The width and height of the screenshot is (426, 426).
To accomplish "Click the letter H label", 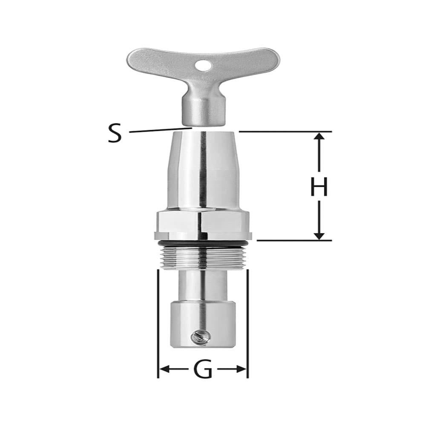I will [x=319, y=187].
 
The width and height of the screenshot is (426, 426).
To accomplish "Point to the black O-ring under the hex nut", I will [x=203, y=243].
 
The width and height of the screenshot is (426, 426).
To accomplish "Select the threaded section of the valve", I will [x=203, y=257].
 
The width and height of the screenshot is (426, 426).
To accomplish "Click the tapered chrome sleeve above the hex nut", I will [x=203, y=170].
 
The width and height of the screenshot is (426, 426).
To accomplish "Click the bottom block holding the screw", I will [x=203, y=324].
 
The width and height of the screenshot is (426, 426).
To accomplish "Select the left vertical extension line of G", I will [x=158, y=324].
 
